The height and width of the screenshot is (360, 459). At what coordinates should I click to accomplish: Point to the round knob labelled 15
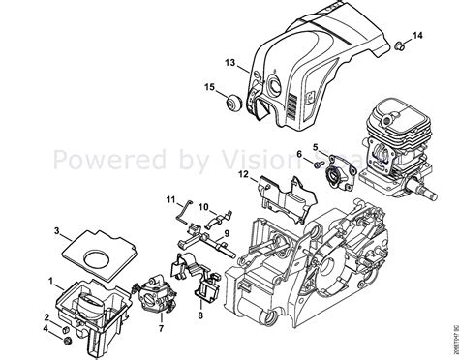click(235, 100)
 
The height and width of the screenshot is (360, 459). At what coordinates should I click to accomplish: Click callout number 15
click(208, 89)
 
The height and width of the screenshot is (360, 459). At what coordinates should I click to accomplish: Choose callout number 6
click(300, 154)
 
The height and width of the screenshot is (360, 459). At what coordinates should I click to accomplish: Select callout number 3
click(58, 230)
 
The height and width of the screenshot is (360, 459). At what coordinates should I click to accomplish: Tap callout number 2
click(46, 316)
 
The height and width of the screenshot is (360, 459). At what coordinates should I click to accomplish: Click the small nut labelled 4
click(66, 340)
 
